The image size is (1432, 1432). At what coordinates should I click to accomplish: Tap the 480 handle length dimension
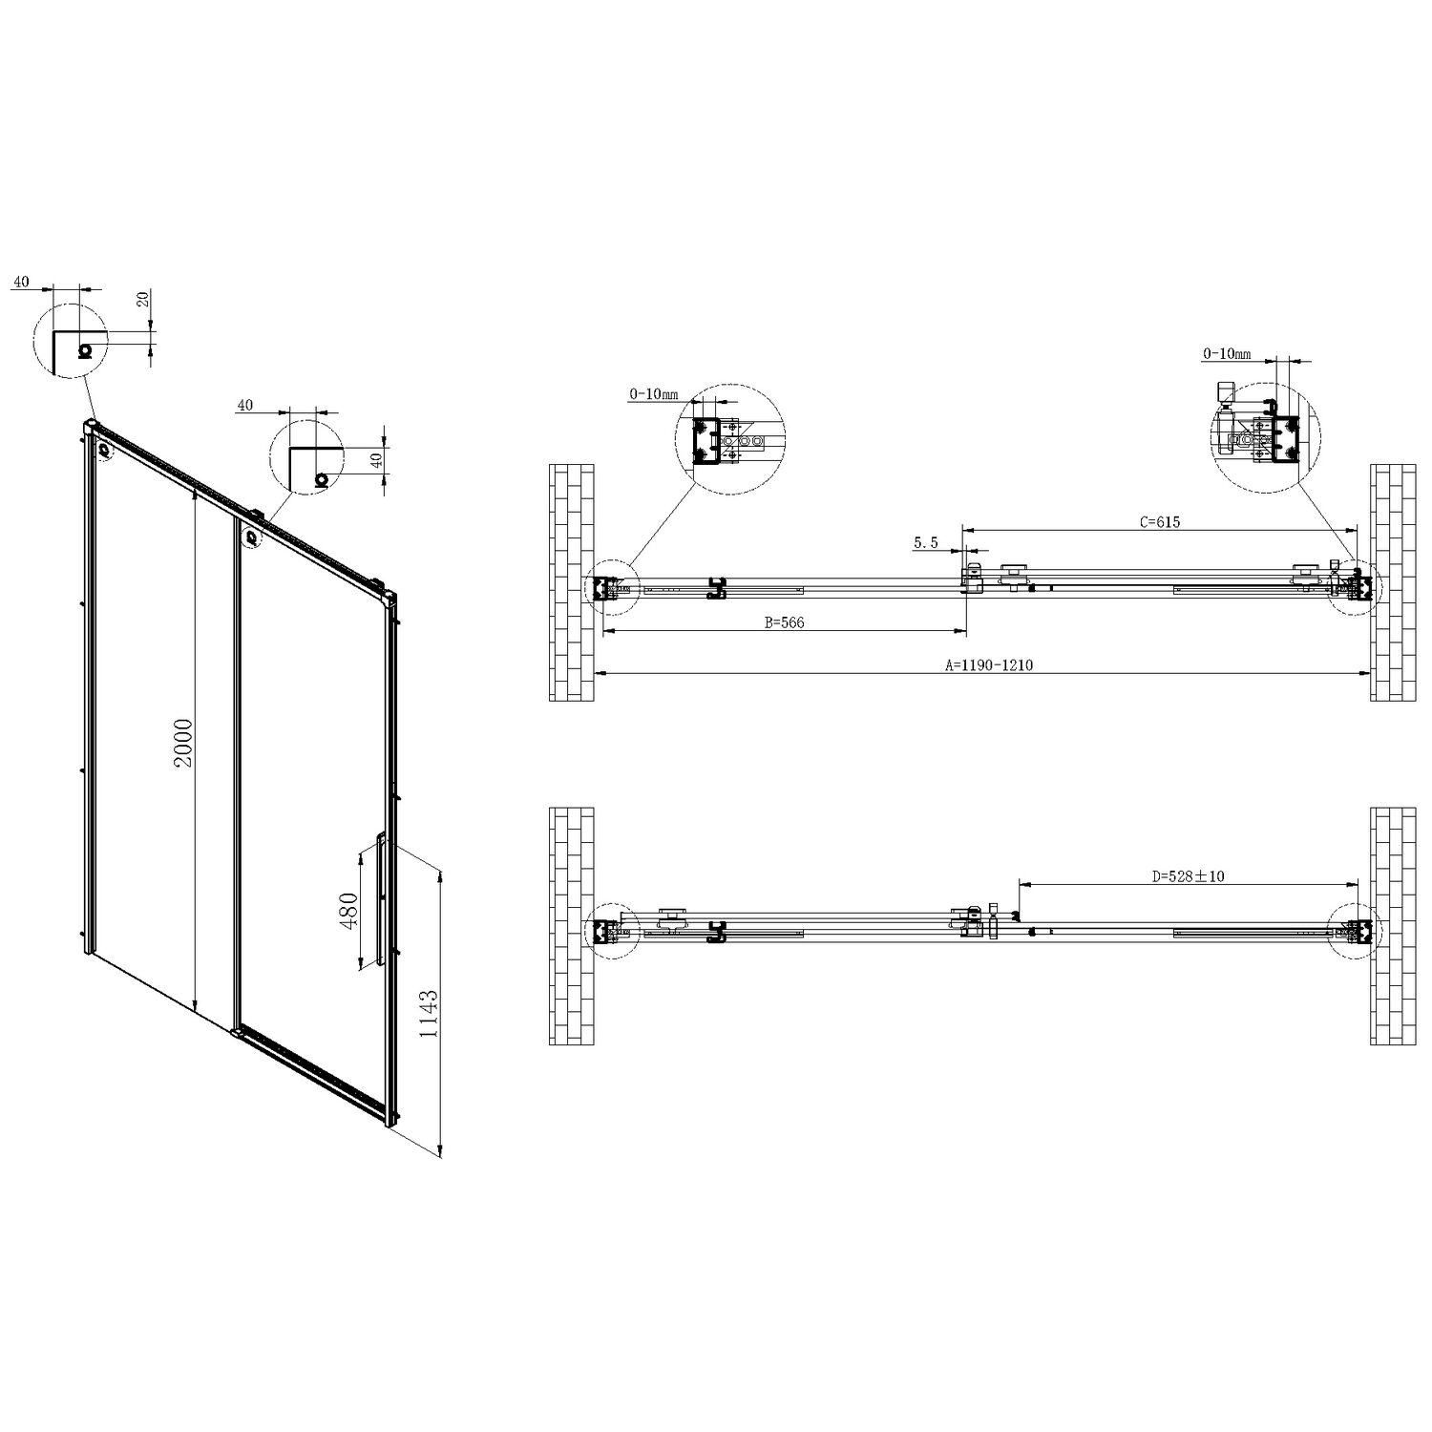coord(348,912)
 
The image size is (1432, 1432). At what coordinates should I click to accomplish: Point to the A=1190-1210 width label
coord(988,666)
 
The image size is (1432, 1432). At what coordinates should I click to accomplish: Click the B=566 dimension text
coord(785,622)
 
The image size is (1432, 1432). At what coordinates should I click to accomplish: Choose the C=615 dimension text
coord(1160,522)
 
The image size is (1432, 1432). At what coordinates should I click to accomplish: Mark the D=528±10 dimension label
coord(1188,876)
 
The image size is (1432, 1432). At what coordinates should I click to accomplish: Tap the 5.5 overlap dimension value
coord(926,542)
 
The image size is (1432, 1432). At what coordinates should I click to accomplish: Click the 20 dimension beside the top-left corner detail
coord(144,299)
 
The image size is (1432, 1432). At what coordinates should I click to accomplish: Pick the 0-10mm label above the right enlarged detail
coord(1227,354)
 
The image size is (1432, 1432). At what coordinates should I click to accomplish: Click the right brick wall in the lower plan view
coord(1394,926)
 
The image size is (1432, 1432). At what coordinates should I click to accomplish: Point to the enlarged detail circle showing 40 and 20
coord(69,341)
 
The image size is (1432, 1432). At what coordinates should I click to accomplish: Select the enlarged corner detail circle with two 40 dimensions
coord(306,456)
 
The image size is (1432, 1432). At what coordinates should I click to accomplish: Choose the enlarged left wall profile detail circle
coord(728,440)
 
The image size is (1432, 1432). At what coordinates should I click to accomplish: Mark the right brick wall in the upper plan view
coord(1394,582)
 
